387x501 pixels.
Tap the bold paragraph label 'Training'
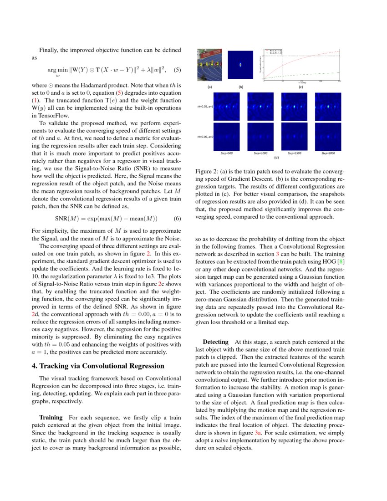pos(51,417)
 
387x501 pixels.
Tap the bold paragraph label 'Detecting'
pos(215,341)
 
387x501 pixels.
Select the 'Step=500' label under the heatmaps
pos(226,153)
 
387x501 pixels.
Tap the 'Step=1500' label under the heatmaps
pos(294,153)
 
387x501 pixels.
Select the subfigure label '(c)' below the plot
pos(300,87)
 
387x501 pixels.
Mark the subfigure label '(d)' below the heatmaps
pos(276,158)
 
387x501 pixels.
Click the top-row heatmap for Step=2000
pos(327,106)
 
